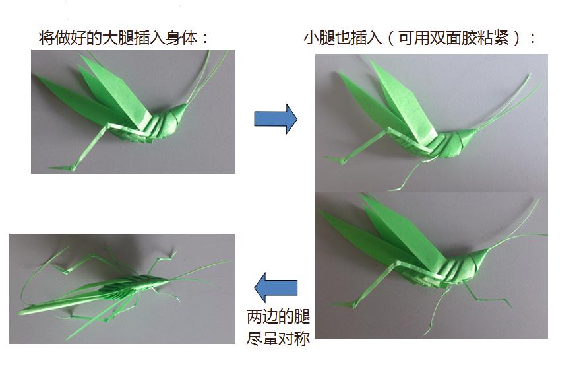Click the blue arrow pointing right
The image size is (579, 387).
276,119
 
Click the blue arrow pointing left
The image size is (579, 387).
276,287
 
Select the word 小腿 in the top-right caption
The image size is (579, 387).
318,38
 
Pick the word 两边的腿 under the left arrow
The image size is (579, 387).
278,316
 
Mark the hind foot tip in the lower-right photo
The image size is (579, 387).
342,305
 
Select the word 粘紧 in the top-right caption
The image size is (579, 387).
497,38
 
